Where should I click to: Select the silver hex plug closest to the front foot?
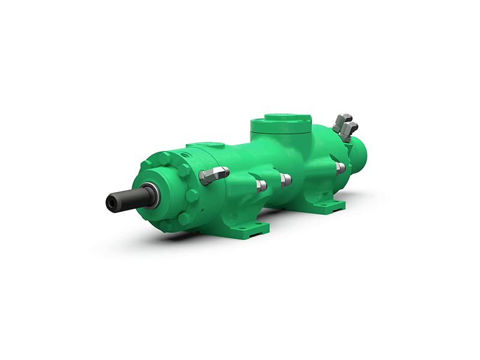[261, 185]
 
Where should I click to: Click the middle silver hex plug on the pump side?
[286, 179]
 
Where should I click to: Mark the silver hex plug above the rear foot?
[340, 167]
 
